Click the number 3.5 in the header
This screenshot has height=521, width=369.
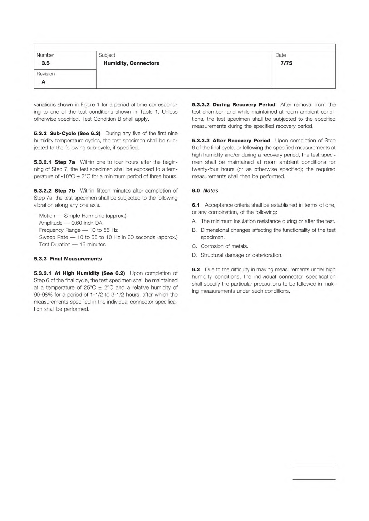[x=46, y=63]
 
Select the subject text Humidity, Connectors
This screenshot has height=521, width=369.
[x=131, y=63]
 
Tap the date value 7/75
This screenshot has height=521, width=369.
[x=286, y=63]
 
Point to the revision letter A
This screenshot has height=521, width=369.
[x=43, y=82]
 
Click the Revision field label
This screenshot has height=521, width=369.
[x=46, y=74]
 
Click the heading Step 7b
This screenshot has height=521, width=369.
[x=65, y=191]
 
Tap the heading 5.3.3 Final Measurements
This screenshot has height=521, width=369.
[x=68, y=259]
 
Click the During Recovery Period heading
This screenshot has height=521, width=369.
[x=244, y=105]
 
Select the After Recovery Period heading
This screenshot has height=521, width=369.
[x=241, y=140]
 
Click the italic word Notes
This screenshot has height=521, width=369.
[x=210, y=191]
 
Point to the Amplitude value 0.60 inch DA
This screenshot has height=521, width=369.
[x=87, y=223]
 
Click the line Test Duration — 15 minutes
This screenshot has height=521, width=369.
[x=72, y=244]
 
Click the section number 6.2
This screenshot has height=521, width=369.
[x=196, y=269]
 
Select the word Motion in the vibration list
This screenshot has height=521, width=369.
[x=47, y=216]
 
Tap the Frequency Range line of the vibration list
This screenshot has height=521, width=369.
[x=78, y=230]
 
